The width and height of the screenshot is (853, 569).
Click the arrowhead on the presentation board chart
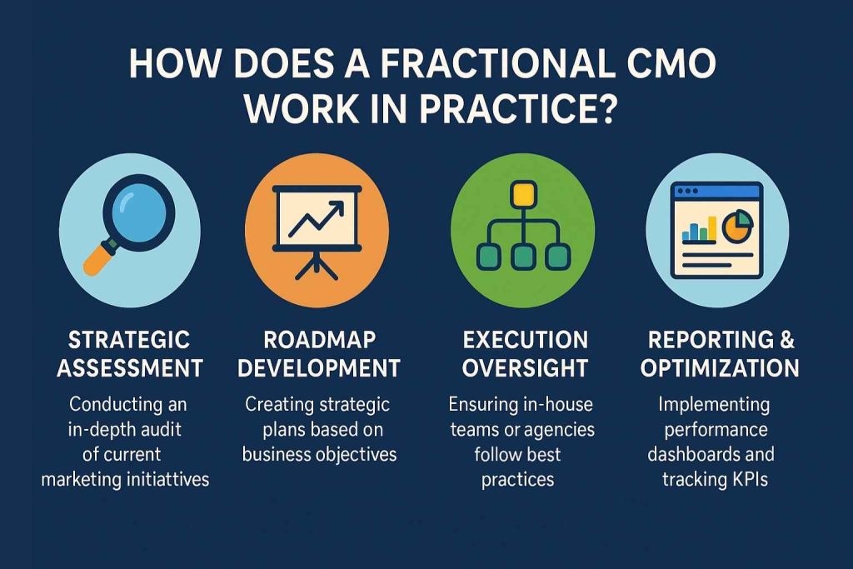click(x=337, y=207)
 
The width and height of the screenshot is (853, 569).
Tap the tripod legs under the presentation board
click(x=317, y=266)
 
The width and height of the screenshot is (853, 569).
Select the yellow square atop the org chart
click(x=523, y=194)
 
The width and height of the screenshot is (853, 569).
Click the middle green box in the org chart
click(x=523, y=257)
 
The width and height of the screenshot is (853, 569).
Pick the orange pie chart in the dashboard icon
click(x=737, y=227)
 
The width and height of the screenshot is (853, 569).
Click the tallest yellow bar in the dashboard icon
click(x=712, y=228)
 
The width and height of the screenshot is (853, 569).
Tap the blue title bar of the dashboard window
click(x=716, y=191)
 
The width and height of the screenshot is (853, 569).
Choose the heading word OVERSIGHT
click(x=525, y=368)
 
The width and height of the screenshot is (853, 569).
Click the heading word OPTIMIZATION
click(x=720, y=368)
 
